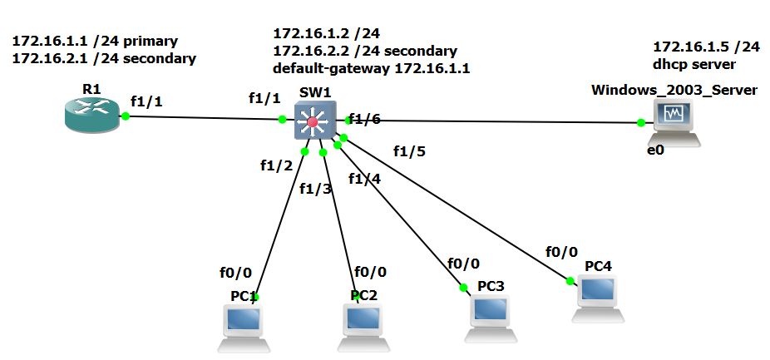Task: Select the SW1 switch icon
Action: tap(313, 121)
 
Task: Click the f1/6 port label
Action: tap(364, 119)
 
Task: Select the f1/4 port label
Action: tap(365, 178)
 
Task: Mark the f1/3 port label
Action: tap(315, 189)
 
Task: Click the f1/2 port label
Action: tap(276, 165)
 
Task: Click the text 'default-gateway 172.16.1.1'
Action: tap(371, 68)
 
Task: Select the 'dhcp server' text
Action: tap(694, 63)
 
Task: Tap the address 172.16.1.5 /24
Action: tap(706, 47)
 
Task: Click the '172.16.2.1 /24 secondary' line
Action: tap(104, 58)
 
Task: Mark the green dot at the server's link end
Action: tap(641, 123)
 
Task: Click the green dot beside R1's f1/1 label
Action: tap(126, 116)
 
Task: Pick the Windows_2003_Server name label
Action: tap(674, 89)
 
